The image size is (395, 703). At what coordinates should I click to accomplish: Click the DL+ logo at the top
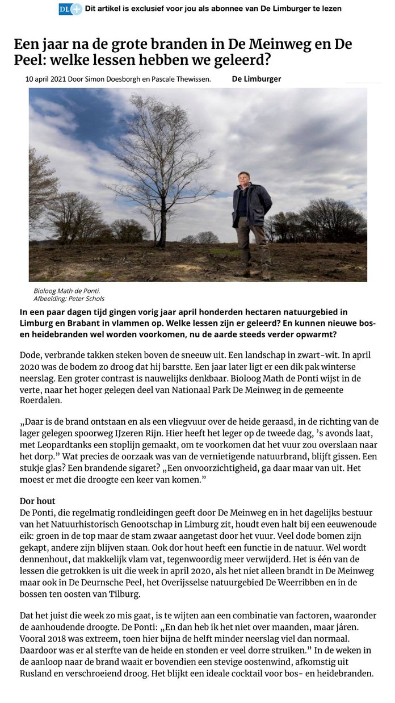[70, 9]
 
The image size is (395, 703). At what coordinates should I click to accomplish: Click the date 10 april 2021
[45, 79]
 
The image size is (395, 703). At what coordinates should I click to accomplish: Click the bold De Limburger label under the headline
[257, 79]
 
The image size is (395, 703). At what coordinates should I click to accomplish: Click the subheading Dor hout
[37, 502]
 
